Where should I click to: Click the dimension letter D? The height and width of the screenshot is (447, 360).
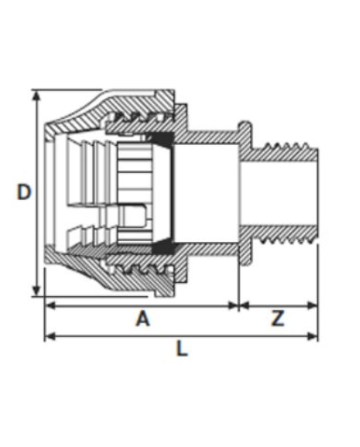[23, 192]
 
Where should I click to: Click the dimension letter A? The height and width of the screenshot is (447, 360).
[143, 318]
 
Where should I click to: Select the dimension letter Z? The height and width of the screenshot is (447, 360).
[277, 318]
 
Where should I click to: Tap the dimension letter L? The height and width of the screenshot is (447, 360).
[182, 349]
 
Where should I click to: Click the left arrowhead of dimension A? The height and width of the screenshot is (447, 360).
[50, 306]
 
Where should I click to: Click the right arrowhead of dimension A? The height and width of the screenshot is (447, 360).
[233, 306]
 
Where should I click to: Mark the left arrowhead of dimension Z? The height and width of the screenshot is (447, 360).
[245, 306]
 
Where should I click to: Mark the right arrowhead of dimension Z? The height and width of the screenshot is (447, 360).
[313, 306]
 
